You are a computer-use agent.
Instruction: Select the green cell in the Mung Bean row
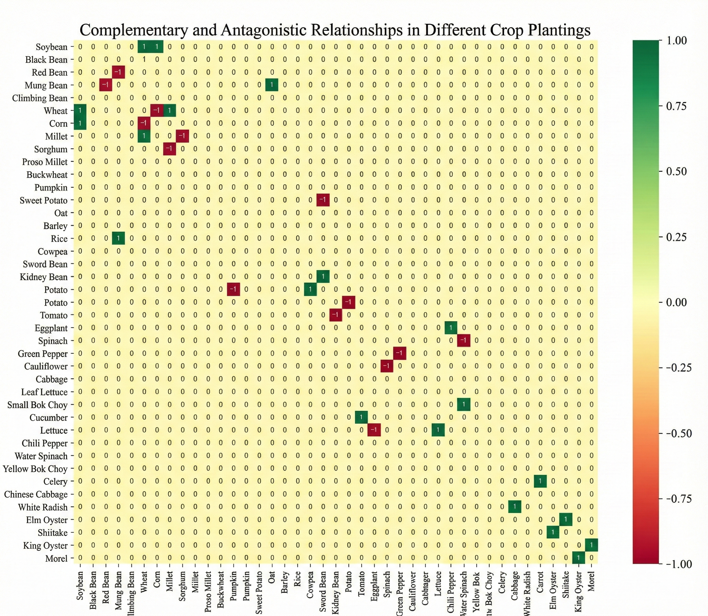272,85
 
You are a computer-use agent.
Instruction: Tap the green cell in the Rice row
118,238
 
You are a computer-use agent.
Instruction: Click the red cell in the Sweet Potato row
323,200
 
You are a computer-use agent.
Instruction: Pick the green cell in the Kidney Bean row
323,277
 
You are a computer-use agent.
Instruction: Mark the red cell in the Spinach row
464,341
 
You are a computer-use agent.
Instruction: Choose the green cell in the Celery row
540,481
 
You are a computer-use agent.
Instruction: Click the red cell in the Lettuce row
374,430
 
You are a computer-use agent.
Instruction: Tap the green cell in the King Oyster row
592,545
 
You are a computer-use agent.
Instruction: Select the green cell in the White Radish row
515,507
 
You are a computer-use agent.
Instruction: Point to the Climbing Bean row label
40,98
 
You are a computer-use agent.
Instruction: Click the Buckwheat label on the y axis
47,175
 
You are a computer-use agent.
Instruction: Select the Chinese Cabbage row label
36,494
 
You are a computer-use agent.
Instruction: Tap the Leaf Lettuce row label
44,392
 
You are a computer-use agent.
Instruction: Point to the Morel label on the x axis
592,581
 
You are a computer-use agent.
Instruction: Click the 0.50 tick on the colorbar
676,172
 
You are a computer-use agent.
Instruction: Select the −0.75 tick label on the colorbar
679,499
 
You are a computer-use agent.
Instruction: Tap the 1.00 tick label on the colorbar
676,40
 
